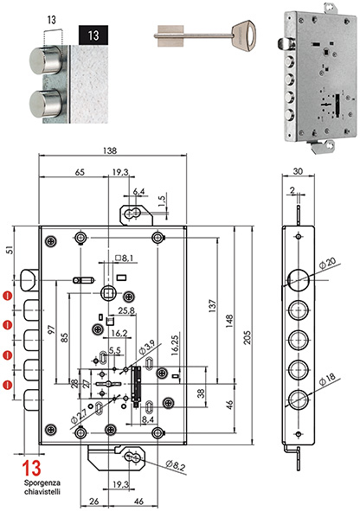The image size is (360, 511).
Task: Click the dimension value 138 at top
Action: (x=111, y=150)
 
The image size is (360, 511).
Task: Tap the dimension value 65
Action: (x=78, y=174)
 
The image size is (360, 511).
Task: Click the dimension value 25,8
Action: (x=125, y=310)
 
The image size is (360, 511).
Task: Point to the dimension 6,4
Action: (x=139, y=191)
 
